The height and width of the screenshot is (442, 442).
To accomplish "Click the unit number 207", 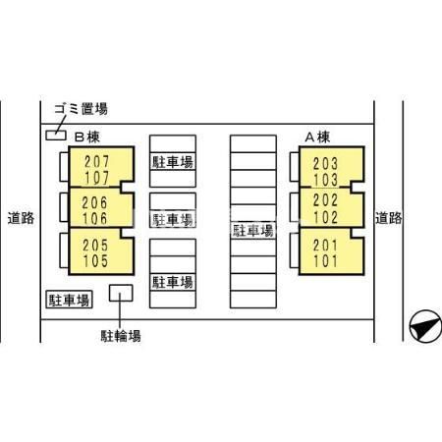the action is pyautogui.click(x=96, y=161).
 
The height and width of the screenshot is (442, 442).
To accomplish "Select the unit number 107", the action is pyautogui.click(x=96, y=178).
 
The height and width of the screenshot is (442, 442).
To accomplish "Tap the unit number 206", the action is pyautogui.click(x=94, y=202).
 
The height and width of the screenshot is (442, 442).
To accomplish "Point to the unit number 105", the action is pyautogui.click(x=95, y=261).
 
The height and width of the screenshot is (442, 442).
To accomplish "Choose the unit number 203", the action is pyautogui.click(x=325, y=164).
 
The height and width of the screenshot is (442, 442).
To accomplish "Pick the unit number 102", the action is pyautogui.click(x=325, y=217).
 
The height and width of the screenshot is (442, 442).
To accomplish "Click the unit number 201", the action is pyautogui.click(x=325, y=246).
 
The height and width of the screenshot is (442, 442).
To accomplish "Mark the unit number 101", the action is pyautogui.click(x=325, y=261).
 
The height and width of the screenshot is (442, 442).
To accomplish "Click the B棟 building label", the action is pyautogui.click(x=87, y=137).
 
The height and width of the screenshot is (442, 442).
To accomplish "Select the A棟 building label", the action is pyautogui.click(x=317, y=137).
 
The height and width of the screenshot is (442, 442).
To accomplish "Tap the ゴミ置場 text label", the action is pyautogui.click(x=81, y=109).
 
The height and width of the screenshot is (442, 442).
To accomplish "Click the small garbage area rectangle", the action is pyautogui.click(x=56, y=136).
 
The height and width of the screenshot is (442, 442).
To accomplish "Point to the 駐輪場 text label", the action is pyautogui.click(x=121, y=336).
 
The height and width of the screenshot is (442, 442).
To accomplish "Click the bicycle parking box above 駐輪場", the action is pyautogui.click(x=121, y=293).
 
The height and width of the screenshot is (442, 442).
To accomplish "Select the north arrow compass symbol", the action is pyautogui.click(x=425, y=326).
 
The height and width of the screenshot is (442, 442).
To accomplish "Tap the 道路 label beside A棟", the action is pyautogui.click(x=388, y=218).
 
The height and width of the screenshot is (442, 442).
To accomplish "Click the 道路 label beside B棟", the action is pyautogui.click(x=21, y=218).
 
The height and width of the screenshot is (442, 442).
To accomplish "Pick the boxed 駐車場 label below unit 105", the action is pyautogui.click(x=69, y=300).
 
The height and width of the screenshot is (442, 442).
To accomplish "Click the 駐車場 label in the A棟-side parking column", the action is pyautogui.click(x=252, y=231).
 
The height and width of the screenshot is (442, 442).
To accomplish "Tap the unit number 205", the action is pyautogui.click(x=95, y=246).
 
